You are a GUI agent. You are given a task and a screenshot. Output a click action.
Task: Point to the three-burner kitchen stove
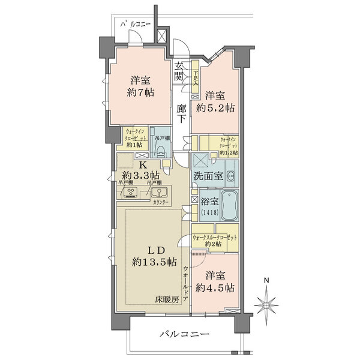coord(131,192)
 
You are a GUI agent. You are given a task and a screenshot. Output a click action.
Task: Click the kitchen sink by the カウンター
coord(160,193)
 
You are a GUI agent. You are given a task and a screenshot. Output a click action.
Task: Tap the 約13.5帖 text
coord(155,262)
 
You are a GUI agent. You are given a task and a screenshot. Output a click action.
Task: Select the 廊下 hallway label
coord(182,113)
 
